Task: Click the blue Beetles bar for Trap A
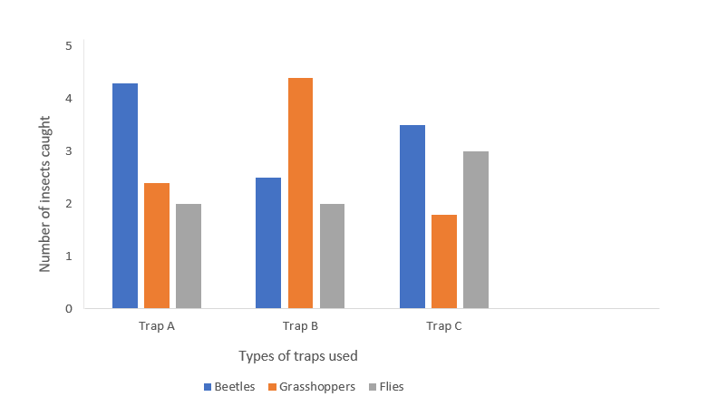[125, 196]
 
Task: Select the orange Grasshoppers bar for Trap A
[157, 246]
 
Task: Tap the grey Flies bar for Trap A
[189, 256]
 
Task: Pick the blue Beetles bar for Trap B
[268, 243]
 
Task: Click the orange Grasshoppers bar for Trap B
[300, 193]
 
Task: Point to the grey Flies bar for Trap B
[332, 256]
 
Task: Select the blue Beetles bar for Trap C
[412, 217]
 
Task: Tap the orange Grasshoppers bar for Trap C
[444, 262]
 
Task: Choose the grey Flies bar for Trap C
[476, 230]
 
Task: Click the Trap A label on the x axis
[157, 326]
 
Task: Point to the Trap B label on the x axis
[300, 326]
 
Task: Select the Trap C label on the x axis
[444, 326]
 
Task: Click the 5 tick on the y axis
[68, 45]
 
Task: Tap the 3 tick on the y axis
[68, 150]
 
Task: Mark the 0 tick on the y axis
[68, 309]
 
